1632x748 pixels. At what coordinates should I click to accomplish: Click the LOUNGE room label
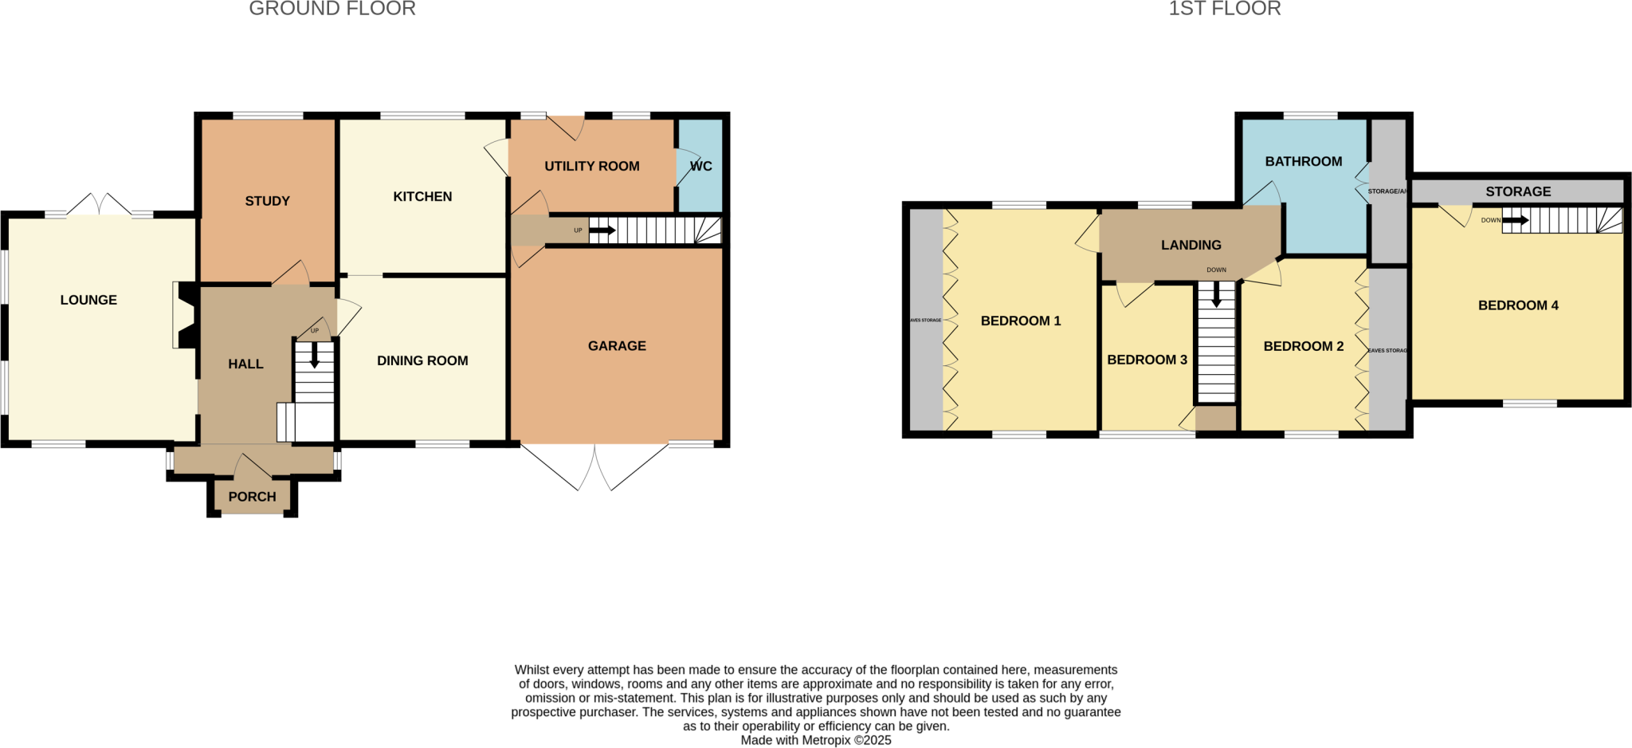[88, 300]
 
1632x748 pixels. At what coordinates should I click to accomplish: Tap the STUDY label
[267, 201]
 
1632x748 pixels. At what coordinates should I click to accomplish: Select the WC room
[701, 166]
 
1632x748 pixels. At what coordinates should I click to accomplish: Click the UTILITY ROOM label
[591, 166]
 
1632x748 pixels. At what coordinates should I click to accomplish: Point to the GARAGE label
[617, 345]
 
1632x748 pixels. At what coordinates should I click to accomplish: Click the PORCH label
[252, 497]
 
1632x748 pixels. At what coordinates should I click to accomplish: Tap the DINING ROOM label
[422, 360]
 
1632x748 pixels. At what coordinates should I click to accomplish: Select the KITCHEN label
[422, 196]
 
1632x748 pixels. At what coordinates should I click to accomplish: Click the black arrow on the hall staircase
[315, 356]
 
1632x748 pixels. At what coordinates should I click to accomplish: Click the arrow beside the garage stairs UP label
[602, 230]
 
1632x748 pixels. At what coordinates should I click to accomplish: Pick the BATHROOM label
[1304, 161]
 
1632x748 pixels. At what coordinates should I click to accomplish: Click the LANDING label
[1191, 245]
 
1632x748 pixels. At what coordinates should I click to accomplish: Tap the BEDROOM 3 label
[1147, 360]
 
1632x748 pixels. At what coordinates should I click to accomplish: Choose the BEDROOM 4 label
[1518, 305]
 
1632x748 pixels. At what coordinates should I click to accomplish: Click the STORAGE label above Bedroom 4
[1518, 191]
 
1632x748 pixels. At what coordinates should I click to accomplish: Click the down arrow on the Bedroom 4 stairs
[1515, 220]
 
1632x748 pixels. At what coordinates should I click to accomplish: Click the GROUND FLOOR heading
[332, 9]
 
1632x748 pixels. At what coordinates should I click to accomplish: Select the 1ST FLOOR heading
[1225, 9]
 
